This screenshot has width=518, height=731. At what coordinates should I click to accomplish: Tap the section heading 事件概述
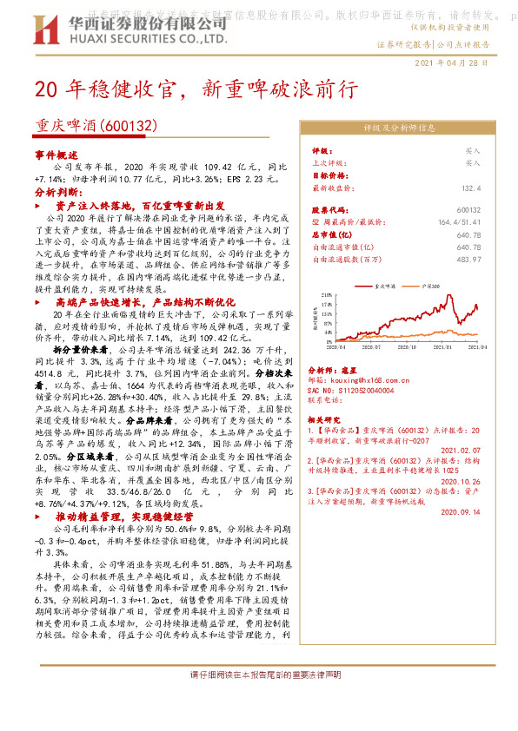tap(56, 153)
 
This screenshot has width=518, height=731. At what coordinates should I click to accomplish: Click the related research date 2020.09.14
tap(461, 512)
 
